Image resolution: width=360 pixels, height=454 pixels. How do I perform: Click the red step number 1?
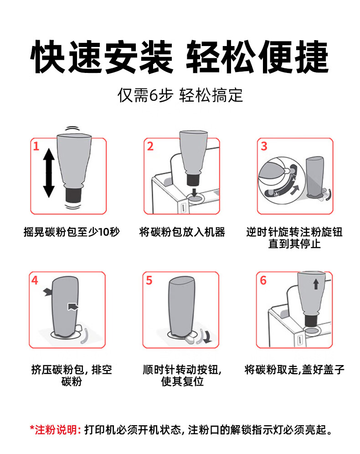point(36,146)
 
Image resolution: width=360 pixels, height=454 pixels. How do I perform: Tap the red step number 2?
point(150,146)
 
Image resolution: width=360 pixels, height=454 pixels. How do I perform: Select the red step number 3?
point(264,146)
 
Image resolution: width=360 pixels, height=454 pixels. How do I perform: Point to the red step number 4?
point(35,280)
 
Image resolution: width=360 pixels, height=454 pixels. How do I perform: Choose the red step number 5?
point(149,280)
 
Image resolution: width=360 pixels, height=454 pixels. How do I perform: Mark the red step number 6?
point(263,280)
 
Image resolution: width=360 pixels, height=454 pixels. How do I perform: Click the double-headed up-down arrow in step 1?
point(49,173)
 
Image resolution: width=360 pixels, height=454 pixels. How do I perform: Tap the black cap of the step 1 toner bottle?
point(73,195)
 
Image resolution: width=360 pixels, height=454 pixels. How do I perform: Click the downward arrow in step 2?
point(194,191)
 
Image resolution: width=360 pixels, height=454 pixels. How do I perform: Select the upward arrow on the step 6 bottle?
point(316,284)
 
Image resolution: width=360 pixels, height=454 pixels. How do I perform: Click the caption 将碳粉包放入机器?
point(182,232)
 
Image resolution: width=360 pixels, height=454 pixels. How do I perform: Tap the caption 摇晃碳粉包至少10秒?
point(72,232)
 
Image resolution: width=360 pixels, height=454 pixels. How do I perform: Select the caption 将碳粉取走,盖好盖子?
point(294,370)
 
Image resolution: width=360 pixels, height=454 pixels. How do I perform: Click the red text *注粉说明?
point(55,430)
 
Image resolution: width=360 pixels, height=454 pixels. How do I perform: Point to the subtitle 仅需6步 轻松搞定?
point(180,95)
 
